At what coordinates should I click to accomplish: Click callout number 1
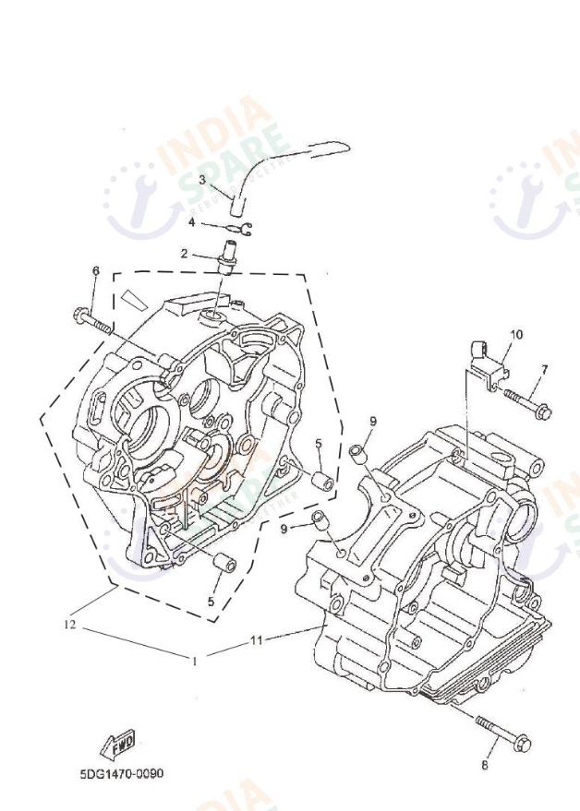(194, 660)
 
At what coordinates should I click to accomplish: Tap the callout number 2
(184, 253)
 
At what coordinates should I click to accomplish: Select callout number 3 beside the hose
(202, 179)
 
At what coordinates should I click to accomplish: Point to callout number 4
(191, 222)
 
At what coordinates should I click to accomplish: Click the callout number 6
(95, 270)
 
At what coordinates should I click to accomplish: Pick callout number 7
(544, 369)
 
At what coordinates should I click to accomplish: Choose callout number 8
(484, 764)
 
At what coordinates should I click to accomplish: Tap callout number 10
(516, 334)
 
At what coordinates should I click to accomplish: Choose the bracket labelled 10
(489, 361)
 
